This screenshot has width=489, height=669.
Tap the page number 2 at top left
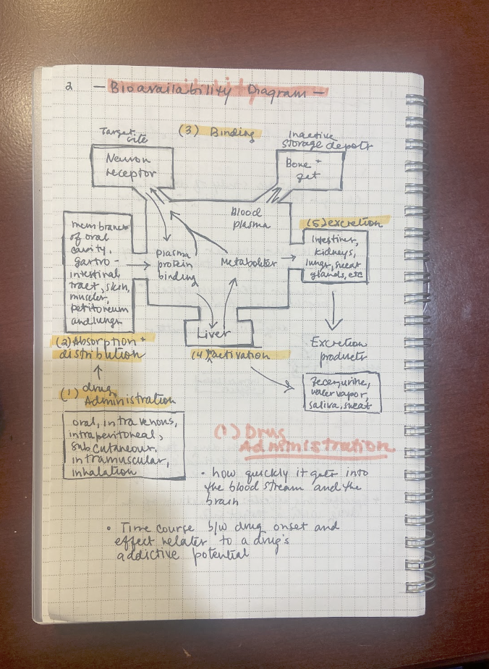(67, 86)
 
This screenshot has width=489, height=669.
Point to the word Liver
(216, 334)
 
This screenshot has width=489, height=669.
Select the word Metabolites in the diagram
(248, 262)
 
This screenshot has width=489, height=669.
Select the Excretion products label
(338, 348)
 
